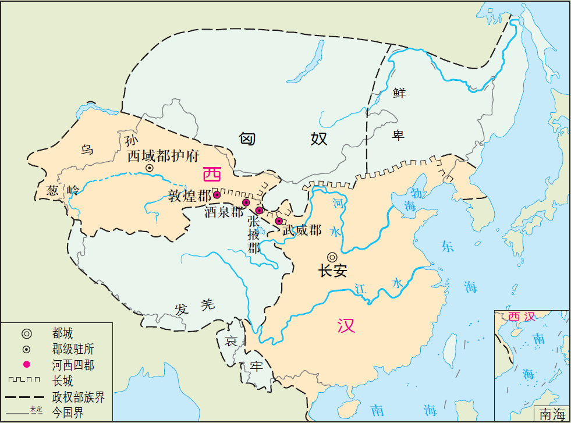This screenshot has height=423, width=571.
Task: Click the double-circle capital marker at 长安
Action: (x=332, y=257)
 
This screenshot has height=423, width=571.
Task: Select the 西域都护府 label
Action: (x=164, y=155)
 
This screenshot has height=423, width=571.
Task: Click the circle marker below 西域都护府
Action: (x=150, y=168)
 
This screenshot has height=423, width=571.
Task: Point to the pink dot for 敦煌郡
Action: (x=217, y=194)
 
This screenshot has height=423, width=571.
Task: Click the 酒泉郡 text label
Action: (x=224, y=212)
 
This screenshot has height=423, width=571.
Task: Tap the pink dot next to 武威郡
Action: (x=279, y=221)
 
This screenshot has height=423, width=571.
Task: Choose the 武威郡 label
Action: (x=302, y=230)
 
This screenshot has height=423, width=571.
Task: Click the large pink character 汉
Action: (x=346, y=325)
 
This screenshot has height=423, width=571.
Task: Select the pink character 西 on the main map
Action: (x=212, y=174)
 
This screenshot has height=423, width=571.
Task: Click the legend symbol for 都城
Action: (x=27, y=333)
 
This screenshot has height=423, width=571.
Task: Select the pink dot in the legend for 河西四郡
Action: (x=27, y=365)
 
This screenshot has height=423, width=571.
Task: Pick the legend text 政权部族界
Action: (x=78, y=397)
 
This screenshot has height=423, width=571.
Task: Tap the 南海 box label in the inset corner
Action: (x=552, y=414)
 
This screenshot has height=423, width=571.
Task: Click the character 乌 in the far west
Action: (x=87, y=150)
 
